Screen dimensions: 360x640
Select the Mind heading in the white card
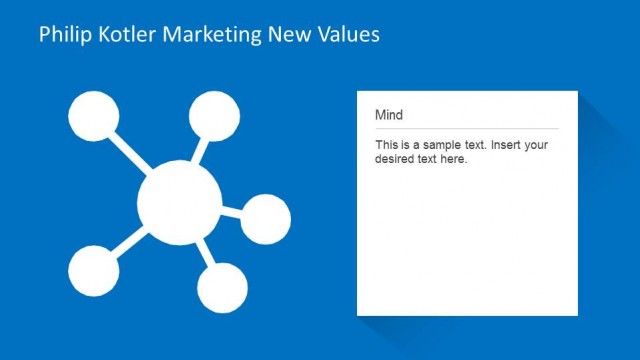[x=389, y=115]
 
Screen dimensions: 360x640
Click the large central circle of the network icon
[x=179, y=203]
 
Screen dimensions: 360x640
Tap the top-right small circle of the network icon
[x=214, y=115]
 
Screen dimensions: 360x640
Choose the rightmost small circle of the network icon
[x=265, y=219]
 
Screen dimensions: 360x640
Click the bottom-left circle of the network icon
[x=93, y=270]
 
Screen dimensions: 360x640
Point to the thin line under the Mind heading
[x=466, y=129]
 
